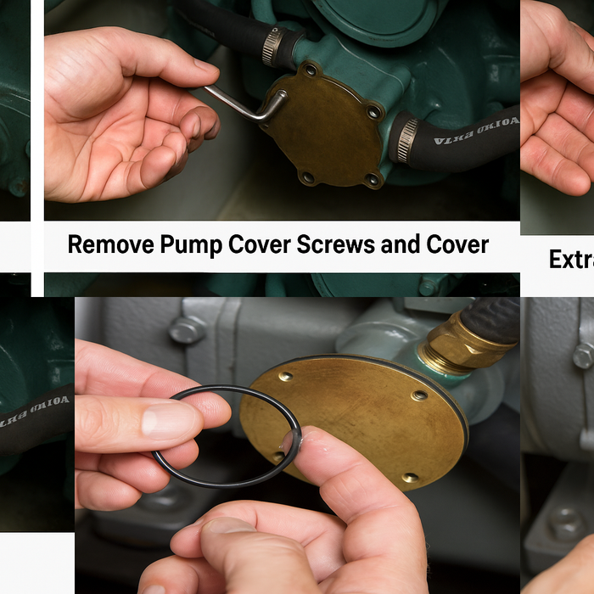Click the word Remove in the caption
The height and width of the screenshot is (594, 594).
109,245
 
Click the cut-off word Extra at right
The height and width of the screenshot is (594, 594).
571,259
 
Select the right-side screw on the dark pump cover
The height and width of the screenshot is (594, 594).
373,111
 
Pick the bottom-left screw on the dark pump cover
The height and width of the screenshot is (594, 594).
307,177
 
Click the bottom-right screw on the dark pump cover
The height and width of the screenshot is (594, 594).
371,178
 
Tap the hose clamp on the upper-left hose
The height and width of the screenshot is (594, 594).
271,46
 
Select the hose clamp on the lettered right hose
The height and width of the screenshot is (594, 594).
406,138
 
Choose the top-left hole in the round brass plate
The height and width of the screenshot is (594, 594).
286,376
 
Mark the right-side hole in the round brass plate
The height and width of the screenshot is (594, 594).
419,395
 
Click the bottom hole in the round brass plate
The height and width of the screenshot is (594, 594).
411,478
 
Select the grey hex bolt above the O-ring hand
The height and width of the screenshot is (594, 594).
187,329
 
